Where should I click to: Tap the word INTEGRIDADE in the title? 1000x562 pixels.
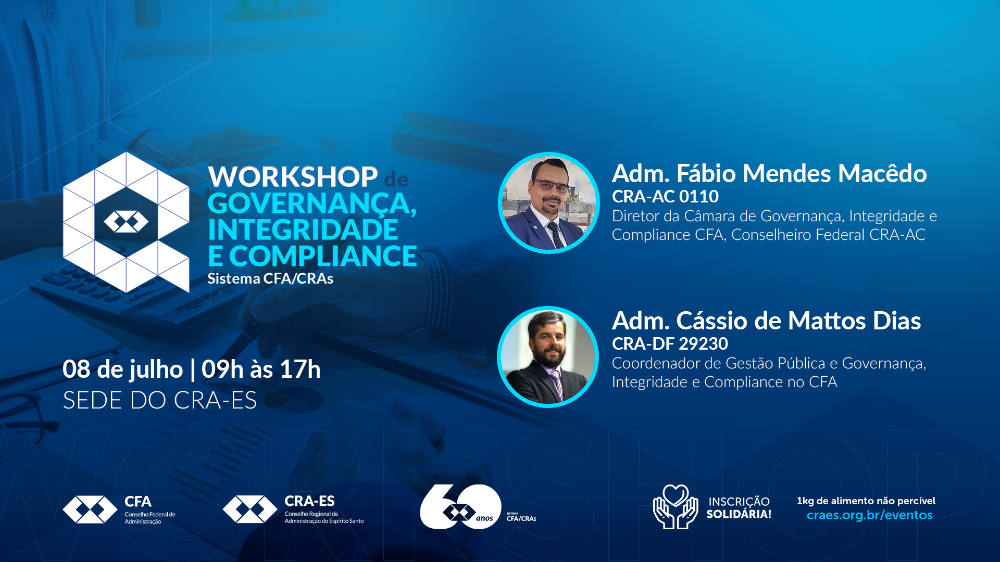[303, 229]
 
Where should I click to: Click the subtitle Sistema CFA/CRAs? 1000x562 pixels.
[270, 278]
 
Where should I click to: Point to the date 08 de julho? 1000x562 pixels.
[123, 369]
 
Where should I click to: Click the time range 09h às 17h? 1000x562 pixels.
[261, 369]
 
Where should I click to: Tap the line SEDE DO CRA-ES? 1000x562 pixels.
[160, 400]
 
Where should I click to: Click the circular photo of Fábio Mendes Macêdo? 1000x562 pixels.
[549, 203]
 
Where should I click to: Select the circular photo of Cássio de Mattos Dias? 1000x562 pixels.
[548, 357]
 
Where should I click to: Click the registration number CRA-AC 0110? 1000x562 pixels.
[665, 196]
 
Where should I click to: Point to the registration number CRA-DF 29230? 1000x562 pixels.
[670, 343]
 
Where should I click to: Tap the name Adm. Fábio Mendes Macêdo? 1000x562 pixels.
[769, 173]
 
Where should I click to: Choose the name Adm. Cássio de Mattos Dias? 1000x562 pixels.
[766, 321]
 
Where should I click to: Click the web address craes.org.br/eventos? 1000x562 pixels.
[870, 515]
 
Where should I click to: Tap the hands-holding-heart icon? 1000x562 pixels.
[676, 507]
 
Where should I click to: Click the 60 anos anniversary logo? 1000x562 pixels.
[461, 507]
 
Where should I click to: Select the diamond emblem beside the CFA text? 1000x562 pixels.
[90, 509]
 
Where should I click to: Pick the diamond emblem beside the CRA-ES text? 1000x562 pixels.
[250, 509]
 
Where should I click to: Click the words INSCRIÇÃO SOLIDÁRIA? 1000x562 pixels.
[739, 508]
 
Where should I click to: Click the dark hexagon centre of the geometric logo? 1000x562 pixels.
[126, 222]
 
